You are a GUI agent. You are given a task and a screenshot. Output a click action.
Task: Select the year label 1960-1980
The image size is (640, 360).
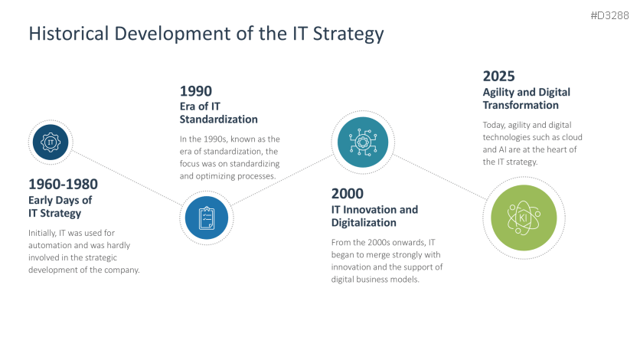coord(63,185)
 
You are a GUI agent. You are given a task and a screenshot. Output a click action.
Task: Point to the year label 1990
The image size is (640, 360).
coord(196,91)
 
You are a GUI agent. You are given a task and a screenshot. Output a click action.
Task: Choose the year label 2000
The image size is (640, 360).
coord(347,194)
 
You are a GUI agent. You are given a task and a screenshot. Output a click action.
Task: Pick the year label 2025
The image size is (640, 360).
coord(498,76)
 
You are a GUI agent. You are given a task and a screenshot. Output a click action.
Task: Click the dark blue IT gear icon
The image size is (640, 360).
coord(51,142)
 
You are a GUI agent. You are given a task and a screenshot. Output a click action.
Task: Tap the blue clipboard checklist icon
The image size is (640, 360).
coord(205,218)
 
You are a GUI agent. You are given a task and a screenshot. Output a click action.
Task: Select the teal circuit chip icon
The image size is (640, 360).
coord(360,142)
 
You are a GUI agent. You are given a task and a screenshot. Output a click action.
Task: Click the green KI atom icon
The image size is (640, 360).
coord(524,218)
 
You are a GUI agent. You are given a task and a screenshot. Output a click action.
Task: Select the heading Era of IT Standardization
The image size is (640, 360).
coord(218,113)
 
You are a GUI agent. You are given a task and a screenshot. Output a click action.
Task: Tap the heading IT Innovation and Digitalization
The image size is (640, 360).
coord(374,216)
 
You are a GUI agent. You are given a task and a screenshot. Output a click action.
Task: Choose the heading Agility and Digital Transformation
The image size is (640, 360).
coord(526,98)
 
